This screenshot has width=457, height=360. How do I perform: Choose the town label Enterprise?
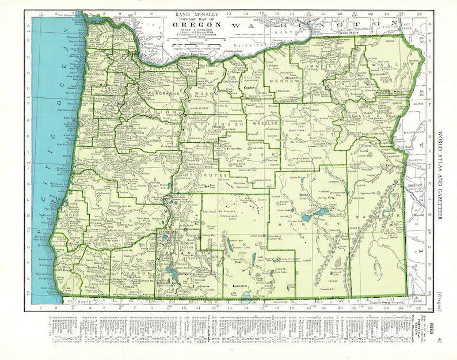380,75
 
